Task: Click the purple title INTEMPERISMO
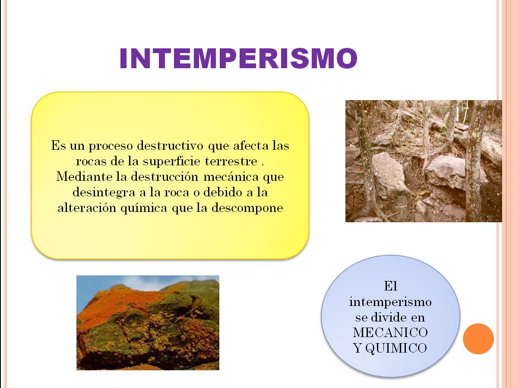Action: pos(238,58)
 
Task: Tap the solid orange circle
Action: pos(478,339)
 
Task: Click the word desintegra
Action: pos(98,192)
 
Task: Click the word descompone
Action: pos(247,208)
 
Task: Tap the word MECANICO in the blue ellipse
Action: pos(390,333)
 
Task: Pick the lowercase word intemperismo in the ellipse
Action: pos(390,302)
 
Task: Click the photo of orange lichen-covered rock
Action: pos(148,322)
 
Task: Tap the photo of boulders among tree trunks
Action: pos(424,161)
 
